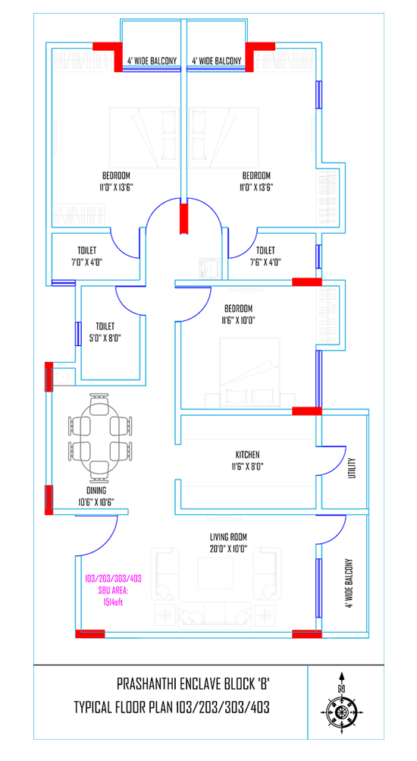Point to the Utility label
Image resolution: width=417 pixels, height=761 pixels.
(x=352, y=468)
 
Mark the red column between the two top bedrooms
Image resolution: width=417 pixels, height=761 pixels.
(x=183, y=219)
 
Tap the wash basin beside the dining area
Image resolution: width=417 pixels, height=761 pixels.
(x=63, y=376)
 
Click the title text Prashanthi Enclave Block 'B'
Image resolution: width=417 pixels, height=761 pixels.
(x=193, y=685)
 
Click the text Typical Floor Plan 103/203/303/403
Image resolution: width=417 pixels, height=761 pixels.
(x=171, y=707)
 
